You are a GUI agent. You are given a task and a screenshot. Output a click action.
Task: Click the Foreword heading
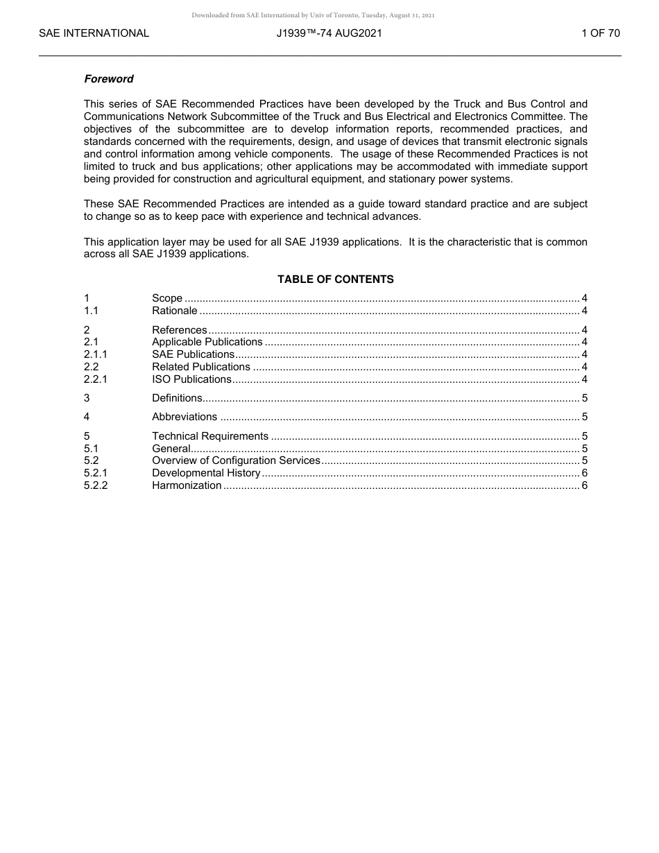pyautogui.click(x=108, y=79)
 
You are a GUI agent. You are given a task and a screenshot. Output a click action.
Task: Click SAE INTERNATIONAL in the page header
pyautogui.click(x=94, y=33)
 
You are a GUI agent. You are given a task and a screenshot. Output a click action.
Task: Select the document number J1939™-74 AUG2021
pyautogui.click(x=329, y=33)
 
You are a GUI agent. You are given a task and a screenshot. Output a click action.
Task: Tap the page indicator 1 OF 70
pyautogui.click(x=600, y=33)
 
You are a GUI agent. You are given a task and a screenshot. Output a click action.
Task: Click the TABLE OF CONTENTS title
pyautogui.click(x=335, y=279)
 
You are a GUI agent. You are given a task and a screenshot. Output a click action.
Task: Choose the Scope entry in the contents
pyautogui.click(x=167, y=299)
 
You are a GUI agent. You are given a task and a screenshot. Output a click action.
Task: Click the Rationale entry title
pyautogui.click(x=174, y=311)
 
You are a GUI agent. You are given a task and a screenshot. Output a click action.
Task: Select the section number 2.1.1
pyautogui.click(x=95, y=354)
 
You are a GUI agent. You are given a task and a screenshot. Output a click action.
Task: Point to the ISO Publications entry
pyautogui.click(x=191, y=379)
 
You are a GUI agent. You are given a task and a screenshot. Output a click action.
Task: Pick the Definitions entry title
pyautogui.click(x=177, y=398)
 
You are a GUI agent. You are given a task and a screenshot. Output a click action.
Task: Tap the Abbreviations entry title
pyautogui.click(x=185, y=417)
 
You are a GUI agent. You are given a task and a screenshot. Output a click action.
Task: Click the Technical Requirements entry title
pyautogui.click(x=210, y=436)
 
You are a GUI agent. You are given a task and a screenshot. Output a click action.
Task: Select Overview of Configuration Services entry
pyautogui.click(x=236, y=460)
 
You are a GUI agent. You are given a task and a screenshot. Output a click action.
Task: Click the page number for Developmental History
pyautogui.click(x=585, y=473)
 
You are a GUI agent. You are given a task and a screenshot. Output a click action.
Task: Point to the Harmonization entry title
pyautogui.click(x=187, y=485)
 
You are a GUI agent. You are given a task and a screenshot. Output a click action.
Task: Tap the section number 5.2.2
pyautogui.click(x=96, y=485)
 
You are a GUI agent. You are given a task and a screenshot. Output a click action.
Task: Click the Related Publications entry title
pyautogui.click(x=201, y=367)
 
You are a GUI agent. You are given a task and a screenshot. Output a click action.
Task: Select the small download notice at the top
pyautogui.click(x=313, y=15)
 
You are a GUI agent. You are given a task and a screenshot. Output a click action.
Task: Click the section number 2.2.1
pyautogui.click(x=95, y=379)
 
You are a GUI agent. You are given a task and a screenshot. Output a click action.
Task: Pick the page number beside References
pyautogui.click(x=585, y=330)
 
